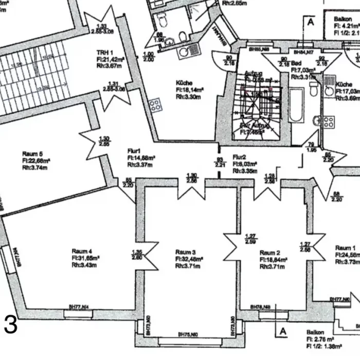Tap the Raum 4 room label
pyautogui.click(x=82, y=251)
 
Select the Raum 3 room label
pyautogui.click(x=185, y=251)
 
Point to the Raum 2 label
pyautogui.click(x=269, y=253)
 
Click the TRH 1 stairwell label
pyautogui.click(x=105, y=53)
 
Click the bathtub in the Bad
pyautogui.click(x=296, y=105)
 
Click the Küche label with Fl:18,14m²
pyautogui.click(x=184, y=83)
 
